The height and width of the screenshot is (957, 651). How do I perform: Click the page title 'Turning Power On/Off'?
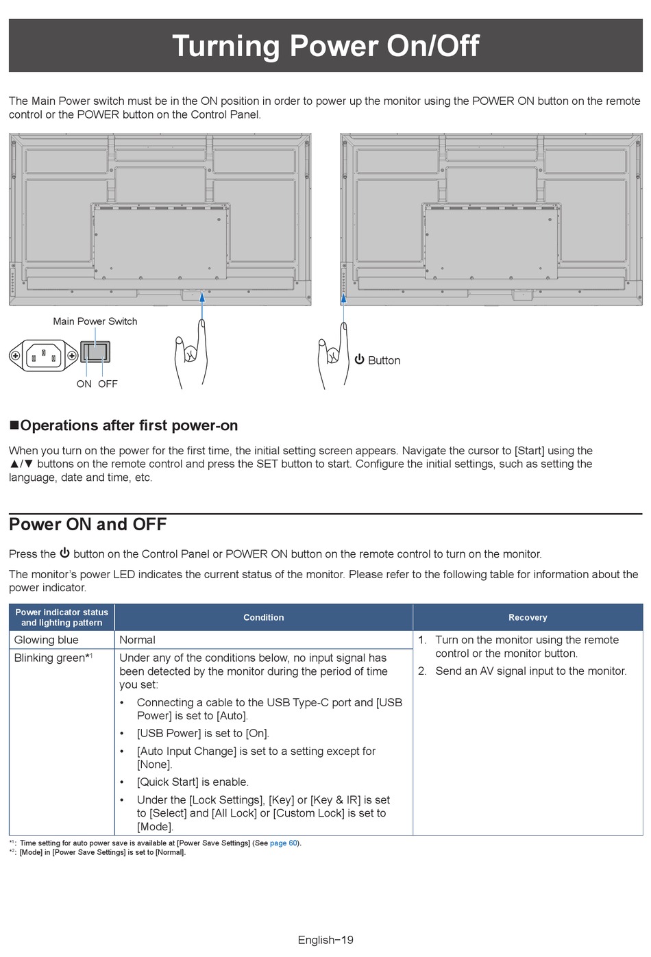point(325,46)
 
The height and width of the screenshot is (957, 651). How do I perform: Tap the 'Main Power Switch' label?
point(95,321)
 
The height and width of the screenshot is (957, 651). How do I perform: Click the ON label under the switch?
point(84,384)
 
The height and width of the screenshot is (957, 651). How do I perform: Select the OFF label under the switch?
point(108,384)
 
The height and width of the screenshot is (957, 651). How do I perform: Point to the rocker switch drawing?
point(95,352)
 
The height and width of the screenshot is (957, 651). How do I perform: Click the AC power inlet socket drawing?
point(43,356)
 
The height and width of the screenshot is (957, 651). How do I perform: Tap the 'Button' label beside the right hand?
point(384,360)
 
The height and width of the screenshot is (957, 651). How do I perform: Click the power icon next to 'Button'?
point(359,360)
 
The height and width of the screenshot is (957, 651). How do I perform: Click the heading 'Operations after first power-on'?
point(129,425)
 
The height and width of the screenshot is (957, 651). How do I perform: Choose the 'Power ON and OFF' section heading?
point(88,525)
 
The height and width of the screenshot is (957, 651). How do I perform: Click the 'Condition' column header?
point(263,617)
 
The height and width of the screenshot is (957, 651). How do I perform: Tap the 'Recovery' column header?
point(528,617)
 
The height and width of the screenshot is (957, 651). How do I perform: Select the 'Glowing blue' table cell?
point(47,640)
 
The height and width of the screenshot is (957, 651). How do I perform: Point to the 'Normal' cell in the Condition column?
point(137,640)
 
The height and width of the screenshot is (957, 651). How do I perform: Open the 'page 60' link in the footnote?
point(284,843)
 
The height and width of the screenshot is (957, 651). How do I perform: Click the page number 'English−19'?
point(325,940)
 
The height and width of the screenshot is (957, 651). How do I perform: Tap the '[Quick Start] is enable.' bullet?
point(193,782)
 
